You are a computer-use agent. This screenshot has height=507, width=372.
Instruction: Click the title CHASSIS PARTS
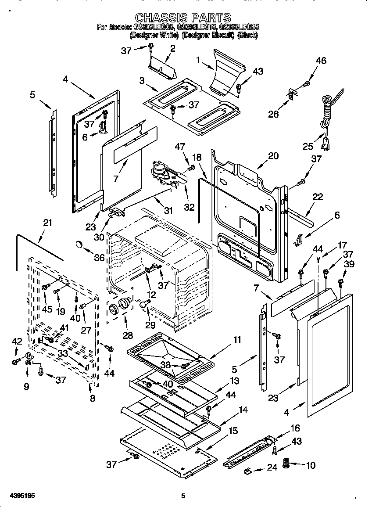(183, 18)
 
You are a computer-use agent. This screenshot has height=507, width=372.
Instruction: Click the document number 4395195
(18, 496)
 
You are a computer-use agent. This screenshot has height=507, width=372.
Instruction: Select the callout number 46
(321, 61)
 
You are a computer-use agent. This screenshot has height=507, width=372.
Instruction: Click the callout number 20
(273, 156)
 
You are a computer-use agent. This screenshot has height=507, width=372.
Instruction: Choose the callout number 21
(47, 223)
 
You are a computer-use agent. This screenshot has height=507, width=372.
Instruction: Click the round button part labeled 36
(79, 244)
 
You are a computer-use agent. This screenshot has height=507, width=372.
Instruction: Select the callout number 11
(237, 339)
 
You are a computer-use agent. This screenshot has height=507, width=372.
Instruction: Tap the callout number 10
(310, 465)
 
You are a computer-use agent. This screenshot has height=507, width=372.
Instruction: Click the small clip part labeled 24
(247, 471)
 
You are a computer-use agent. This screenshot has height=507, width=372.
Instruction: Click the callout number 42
(16, 342)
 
